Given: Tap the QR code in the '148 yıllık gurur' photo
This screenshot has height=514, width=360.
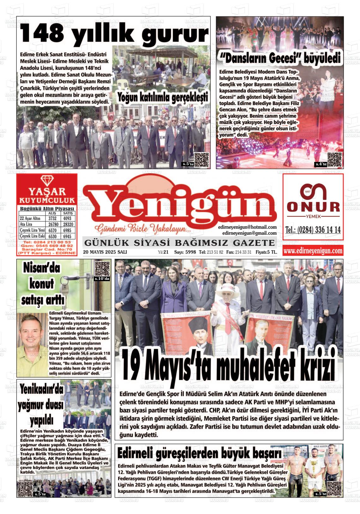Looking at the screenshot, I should (201, 160).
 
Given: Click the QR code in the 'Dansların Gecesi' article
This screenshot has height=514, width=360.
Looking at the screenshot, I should (334, 160).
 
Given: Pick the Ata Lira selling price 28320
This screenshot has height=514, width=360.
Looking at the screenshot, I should (68, 224).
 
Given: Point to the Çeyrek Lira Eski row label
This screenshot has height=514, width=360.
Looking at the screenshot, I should (32, 236).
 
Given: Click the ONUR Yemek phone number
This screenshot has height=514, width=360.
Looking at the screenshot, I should (313, 230).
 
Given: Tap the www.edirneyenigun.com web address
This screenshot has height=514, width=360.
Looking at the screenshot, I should (313, 251).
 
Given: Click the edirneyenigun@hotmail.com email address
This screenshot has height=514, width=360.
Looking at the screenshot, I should (247, 227).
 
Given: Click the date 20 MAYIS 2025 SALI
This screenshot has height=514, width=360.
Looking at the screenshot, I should (105, 252).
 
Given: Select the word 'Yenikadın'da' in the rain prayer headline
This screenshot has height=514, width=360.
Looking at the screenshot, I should (41, 390).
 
